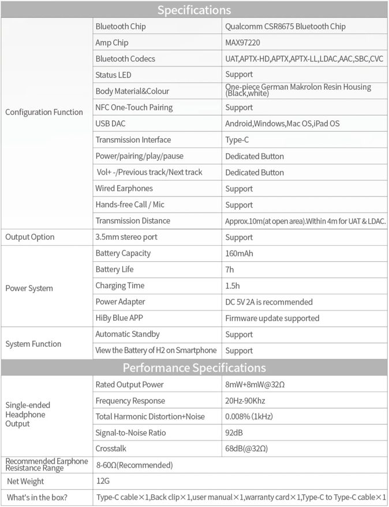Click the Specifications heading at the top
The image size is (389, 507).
coord(194,10)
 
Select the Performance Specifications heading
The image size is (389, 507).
coord(194,368)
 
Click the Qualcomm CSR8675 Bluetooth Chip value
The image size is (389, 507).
coord(285,27)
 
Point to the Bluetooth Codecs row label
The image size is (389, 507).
coord(125,59)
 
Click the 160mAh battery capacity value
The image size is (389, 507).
coord(239,253)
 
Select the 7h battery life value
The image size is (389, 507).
coord(230,269)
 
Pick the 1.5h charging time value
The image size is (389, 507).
coord(233,286)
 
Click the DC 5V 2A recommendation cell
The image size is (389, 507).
coord(268,302)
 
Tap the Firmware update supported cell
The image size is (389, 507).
coord(272,318)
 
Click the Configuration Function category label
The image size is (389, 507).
coord(44,112)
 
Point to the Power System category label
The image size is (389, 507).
coord(29,288)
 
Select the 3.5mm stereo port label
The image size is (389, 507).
coord(126,237)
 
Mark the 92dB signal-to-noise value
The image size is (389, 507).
coord(234,432)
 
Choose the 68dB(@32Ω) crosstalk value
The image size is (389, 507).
coord(246,449)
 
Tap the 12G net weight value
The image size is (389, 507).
coord(103,481)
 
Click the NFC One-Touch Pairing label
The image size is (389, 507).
coord(134,108)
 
